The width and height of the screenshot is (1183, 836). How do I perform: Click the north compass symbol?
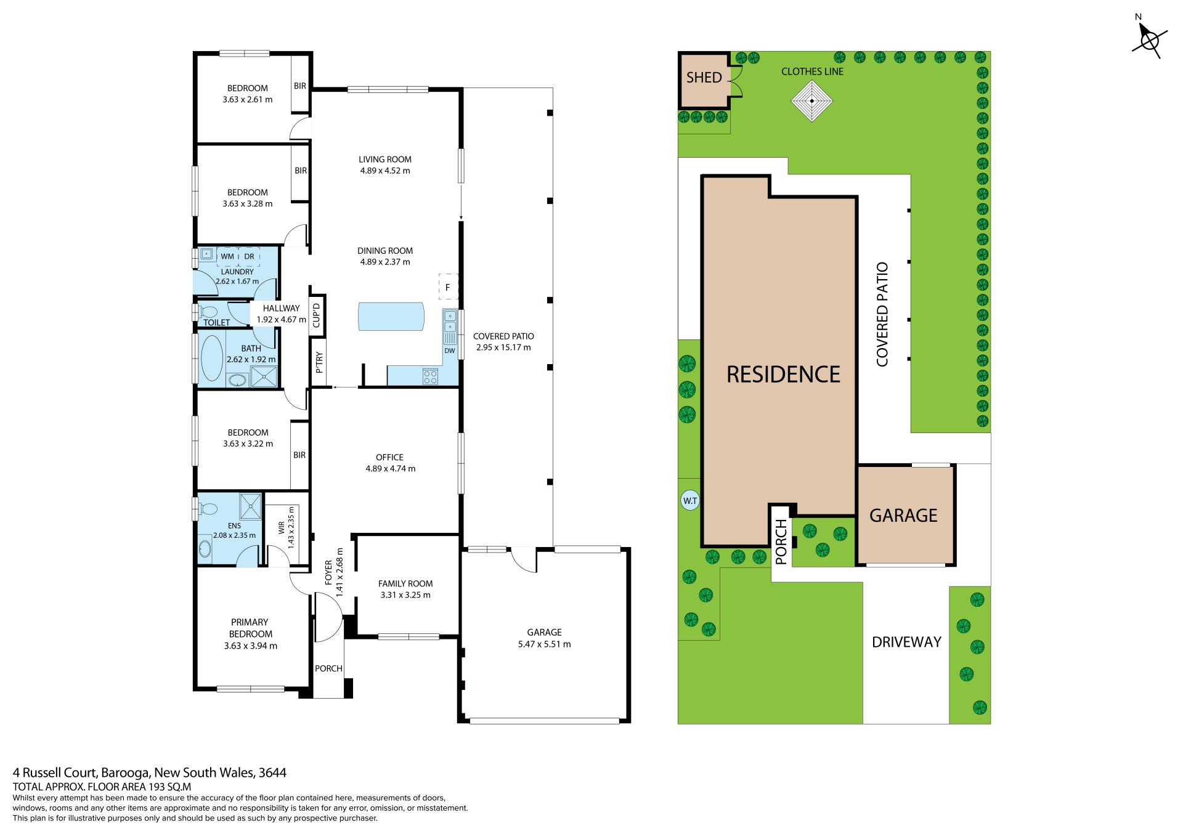click(x=1148, y=42)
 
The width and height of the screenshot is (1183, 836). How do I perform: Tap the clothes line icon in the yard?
click(x=812, y=100)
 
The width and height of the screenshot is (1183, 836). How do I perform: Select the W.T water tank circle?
click(x=689, y=501)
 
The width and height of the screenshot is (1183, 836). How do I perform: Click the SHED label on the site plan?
click(x=704, y=78)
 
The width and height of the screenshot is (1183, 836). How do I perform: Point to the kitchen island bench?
click(x=391, y=316)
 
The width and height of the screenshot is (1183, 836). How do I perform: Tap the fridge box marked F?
click(x=448, y=286)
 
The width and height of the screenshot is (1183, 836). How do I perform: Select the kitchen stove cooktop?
click(x=430, y=376)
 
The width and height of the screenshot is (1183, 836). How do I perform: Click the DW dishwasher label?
click(x=449, y=351)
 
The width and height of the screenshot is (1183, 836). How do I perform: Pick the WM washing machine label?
click(x=227, y=256)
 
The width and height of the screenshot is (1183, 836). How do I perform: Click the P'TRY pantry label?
click(x=319, y=363)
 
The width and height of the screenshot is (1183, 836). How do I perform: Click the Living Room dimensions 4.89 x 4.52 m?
click(x=385, y=171)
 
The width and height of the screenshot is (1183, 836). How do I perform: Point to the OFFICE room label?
click(x=389, y=457)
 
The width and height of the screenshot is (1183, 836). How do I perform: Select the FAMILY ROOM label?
click(x=405, y=583)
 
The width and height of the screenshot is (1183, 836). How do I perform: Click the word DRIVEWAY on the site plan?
click(x=906, y=642)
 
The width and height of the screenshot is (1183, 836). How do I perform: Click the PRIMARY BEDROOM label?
click(x=251, y=628)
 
